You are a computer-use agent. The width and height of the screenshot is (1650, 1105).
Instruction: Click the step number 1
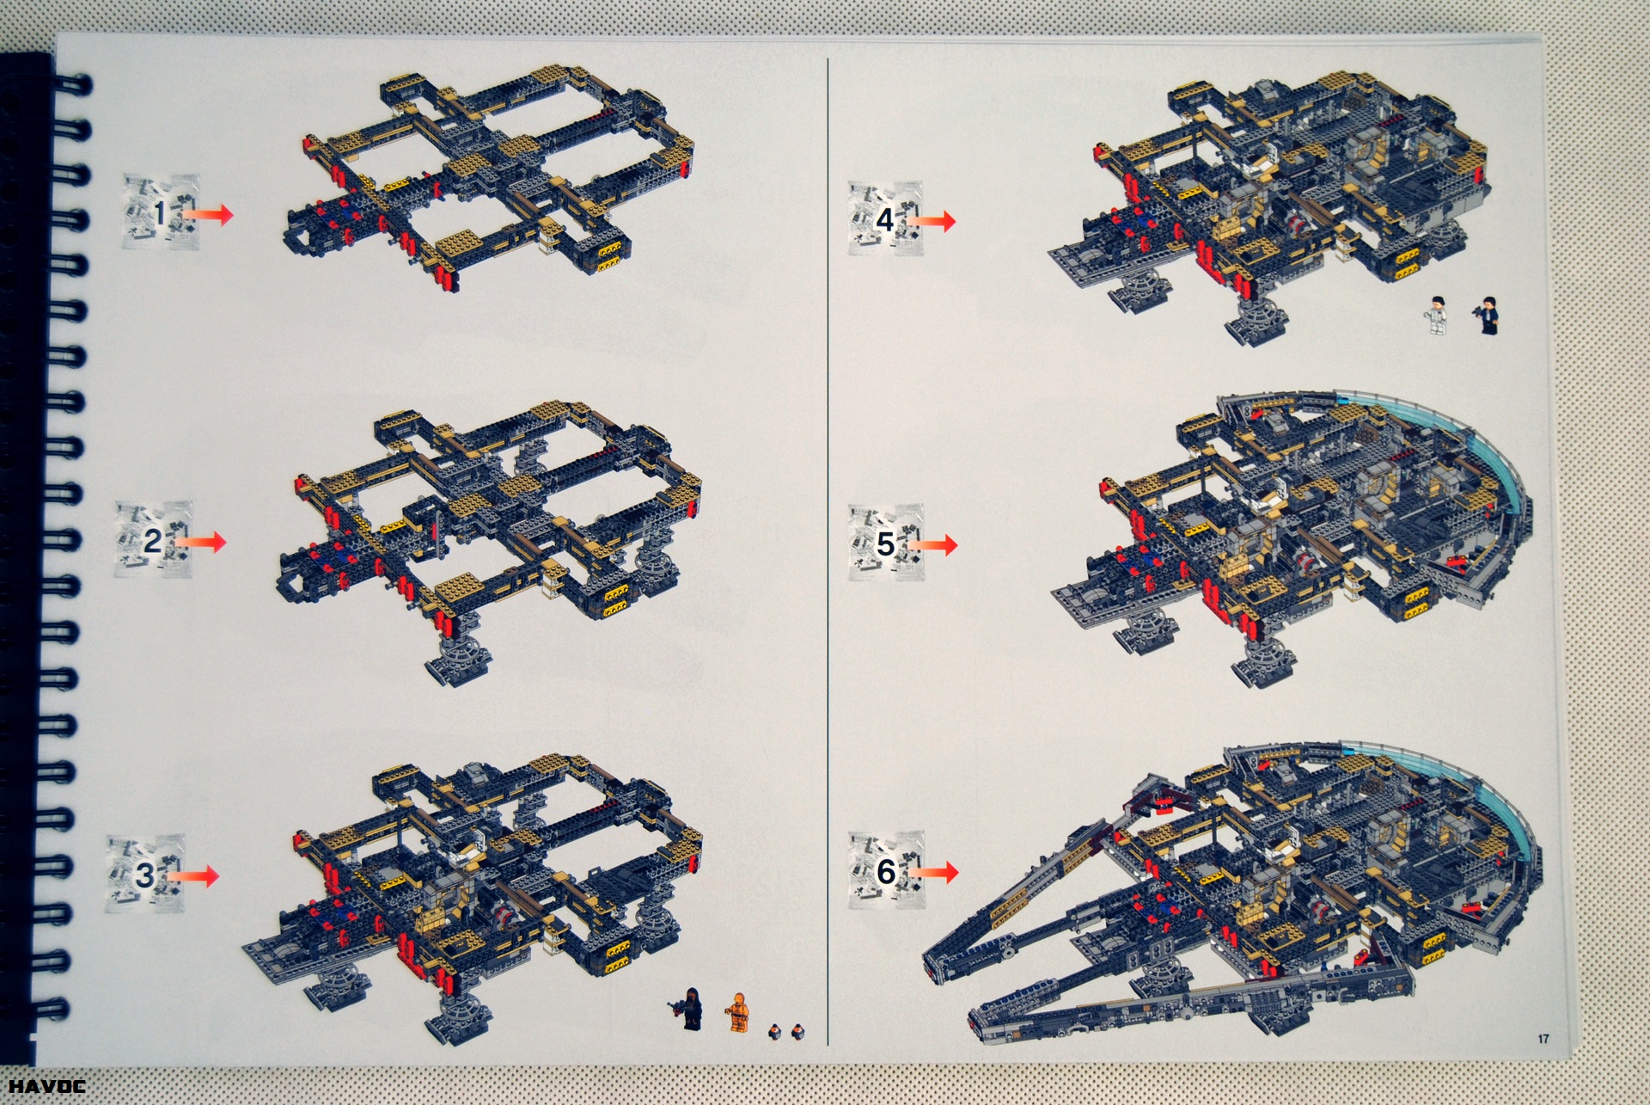[160, 212]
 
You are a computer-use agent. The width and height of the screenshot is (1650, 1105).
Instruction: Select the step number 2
[152, 541]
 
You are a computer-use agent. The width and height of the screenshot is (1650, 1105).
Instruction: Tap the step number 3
[145, 875]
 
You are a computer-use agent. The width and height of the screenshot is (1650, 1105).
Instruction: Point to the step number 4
[885, 220]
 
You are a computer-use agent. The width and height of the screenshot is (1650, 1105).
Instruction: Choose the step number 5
[885, 543]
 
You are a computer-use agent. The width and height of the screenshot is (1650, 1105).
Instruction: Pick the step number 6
[886, 872]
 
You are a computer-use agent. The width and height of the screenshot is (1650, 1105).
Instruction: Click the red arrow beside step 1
[205, 214]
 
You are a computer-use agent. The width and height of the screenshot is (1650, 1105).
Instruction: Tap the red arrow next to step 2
[199, 541]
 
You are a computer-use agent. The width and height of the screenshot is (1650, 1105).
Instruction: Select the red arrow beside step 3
[192, 875]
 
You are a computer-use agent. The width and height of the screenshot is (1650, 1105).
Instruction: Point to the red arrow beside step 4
[931, 221]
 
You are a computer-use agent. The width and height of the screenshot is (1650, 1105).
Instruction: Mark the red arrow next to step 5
[932, 544]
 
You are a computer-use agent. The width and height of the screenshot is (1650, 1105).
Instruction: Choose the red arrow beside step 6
[932, 872]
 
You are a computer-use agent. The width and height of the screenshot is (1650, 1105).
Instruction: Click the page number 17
[1543, 1039]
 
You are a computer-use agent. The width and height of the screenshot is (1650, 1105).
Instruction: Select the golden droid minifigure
[736, 1011]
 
